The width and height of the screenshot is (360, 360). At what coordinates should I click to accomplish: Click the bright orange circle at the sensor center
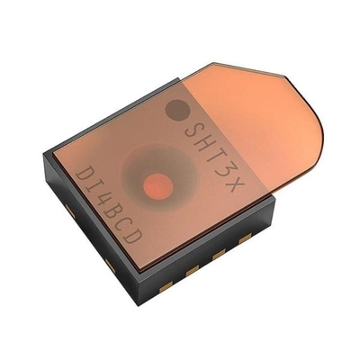(157, 186)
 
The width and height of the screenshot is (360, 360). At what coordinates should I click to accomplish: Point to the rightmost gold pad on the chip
(245, 238)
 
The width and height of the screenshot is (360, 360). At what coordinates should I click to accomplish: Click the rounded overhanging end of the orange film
(315, 148)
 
